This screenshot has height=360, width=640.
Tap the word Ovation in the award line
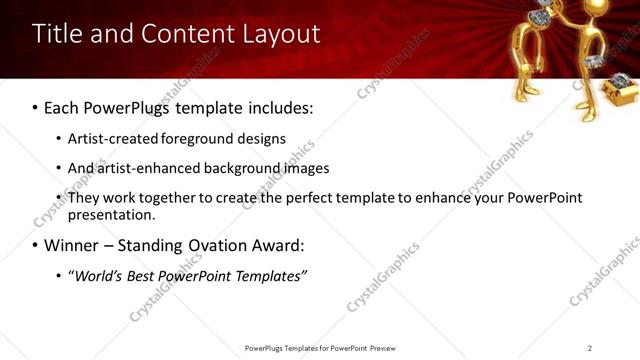click(x=218, y=245)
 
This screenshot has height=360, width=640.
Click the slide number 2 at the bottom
click(x=590, y=348)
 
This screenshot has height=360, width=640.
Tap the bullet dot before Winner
click(x=36, y=245)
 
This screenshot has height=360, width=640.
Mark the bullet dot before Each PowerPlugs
click(x=36, y=107)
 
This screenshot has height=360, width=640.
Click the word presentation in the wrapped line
click(x=111, y=214)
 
